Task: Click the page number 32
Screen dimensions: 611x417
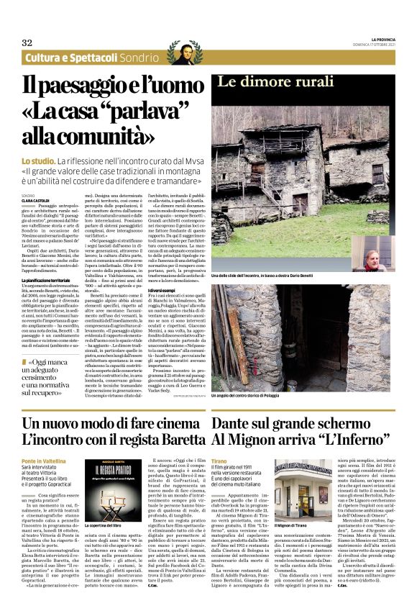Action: coord(27,42)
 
